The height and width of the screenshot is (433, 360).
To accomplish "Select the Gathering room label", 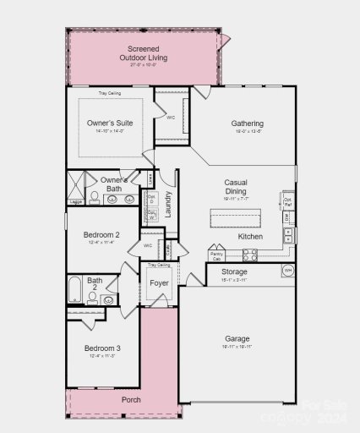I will click(247, 123).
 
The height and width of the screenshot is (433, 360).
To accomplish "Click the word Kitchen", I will click(250, 237).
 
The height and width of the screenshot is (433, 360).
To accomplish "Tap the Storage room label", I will click(234, 272).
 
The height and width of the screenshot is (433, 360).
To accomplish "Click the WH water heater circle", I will click(286, 271).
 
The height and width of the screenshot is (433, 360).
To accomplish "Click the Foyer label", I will click(159, 282).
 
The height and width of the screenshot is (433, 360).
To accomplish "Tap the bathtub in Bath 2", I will click(74, 290).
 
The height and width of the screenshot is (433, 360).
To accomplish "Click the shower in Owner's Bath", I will click(79, 187).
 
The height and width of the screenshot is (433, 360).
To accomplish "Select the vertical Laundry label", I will click(168, 205).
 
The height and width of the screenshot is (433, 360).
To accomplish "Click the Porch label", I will click(130, 398).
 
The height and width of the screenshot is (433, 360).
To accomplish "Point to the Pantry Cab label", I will click(216, 254).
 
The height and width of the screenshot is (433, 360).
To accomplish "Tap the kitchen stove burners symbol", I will click(249, 254).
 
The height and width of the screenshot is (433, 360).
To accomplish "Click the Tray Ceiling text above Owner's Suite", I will click(109, 93).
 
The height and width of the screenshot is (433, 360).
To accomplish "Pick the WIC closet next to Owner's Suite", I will click(171, 117).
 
